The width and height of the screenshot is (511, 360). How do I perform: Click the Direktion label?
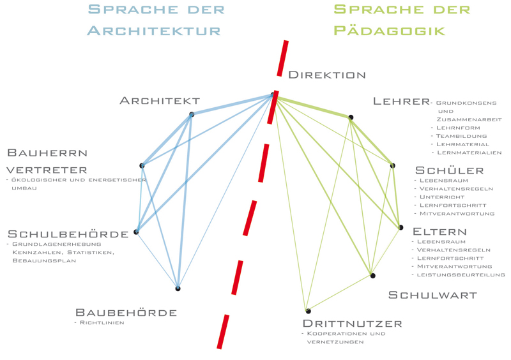[327, 75]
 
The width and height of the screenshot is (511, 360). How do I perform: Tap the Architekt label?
[160, 101]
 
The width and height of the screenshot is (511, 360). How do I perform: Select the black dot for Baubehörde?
[178, 289]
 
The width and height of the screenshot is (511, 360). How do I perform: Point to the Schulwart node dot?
[373, 276]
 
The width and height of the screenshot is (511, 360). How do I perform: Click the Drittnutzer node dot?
[308, 311]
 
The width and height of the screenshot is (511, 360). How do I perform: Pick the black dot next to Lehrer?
[351, 117]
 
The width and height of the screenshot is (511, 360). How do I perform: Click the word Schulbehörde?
[68, 234]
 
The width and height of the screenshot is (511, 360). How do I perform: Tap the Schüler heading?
[450, 170]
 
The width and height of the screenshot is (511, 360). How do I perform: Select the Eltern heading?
[439, 232]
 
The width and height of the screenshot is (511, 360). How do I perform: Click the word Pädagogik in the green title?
[390, 31]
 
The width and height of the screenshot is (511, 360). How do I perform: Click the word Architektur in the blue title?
[154, 31]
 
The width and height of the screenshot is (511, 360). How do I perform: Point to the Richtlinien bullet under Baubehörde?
[99, 323]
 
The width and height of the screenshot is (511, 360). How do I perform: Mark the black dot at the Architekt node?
[192, 114]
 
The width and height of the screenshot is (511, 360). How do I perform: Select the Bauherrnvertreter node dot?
[142, 165]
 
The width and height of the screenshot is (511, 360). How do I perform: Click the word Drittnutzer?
[353, 324]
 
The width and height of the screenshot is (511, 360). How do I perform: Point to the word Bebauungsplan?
[44, 260]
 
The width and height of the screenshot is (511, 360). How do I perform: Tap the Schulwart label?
[432, 295]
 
